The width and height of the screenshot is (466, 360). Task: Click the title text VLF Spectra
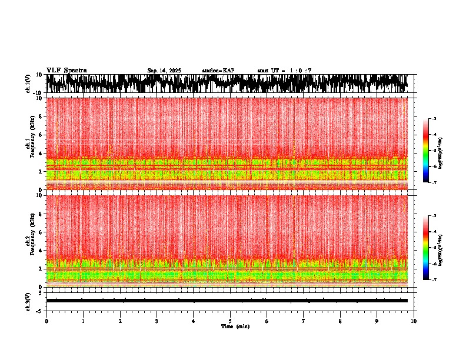point(66,71)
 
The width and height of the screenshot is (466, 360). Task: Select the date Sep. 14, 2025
point(164,71)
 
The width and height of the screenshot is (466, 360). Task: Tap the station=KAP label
point(218,71)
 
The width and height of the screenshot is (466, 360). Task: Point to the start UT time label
point(284,71)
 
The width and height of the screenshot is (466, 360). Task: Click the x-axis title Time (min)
point(235,326)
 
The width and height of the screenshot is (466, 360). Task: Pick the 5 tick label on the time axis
point(230,321)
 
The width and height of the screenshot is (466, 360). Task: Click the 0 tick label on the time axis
point(46,321)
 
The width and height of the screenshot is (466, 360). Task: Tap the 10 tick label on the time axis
point(414,321)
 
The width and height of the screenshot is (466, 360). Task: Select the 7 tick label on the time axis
point(304,321)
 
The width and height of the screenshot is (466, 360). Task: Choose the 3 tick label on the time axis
point(157,321)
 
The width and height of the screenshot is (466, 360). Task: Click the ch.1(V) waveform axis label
point(28,84)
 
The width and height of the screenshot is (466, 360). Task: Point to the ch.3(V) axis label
point(28,301)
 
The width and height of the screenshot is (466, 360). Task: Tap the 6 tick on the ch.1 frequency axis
point(41,135)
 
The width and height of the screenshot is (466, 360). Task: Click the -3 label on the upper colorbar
point(434,119)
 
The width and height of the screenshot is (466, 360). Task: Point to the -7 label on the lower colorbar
point(434,280)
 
